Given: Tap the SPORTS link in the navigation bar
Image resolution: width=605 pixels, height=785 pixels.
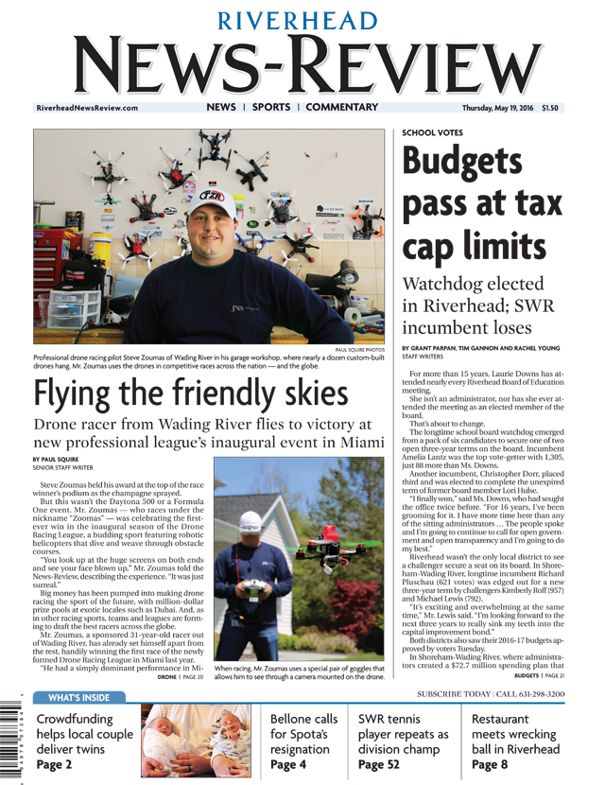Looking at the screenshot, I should pos(271,108).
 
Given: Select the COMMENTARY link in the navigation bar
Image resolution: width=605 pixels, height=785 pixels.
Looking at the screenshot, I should pos(341,108).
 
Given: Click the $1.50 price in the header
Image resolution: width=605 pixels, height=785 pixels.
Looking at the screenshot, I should pos(549,109).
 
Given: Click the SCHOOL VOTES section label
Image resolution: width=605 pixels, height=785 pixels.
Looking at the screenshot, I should pos(432,133).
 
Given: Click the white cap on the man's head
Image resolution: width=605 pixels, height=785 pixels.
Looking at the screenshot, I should pos(214,201).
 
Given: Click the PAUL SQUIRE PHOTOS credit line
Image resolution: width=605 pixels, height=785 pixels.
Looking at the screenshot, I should pos(360,349).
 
